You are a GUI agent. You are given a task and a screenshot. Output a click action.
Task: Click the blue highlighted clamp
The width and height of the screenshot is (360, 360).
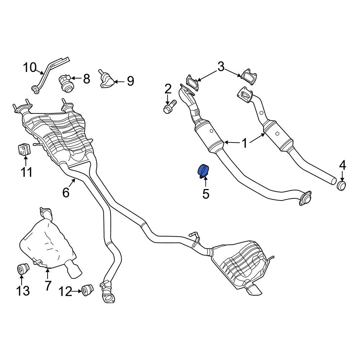(x=203, y=171)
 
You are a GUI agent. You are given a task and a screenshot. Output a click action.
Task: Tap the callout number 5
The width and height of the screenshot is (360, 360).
(x=206, y=194)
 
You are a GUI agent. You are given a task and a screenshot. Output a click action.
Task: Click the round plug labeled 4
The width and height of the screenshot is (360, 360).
(x=342, y=185)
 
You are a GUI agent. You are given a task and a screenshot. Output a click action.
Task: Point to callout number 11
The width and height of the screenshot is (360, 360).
(x=26, y=172)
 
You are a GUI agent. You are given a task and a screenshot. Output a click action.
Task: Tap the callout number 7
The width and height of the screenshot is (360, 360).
(x=48, y=285)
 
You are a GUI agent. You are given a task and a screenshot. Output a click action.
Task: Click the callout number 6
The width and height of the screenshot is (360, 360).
(x=66, y=192)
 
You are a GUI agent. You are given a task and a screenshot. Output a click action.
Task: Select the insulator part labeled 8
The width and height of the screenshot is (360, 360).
(x=66, y=84)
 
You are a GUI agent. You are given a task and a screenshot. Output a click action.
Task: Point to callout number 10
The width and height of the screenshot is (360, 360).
(x=30, y=68)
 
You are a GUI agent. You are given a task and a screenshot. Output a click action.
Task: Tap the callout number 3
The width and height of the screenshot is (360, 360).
(x=221, y=67)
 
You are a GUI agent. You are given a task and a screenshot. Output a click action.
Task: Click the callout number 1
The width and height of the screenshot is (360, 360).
(x=245, y=143)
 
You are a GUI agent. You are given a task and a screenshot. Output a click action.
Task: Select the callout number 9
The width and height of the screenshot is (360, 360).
(x=130, y=81)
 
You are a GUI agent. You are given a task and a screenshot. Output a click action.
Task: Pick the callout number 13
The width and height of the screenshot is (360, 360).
(x=23, y=291)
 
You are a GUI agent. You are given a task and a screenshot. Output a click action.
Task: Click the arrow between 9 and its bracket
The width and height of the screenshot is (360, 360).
(x=119, y=81)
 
